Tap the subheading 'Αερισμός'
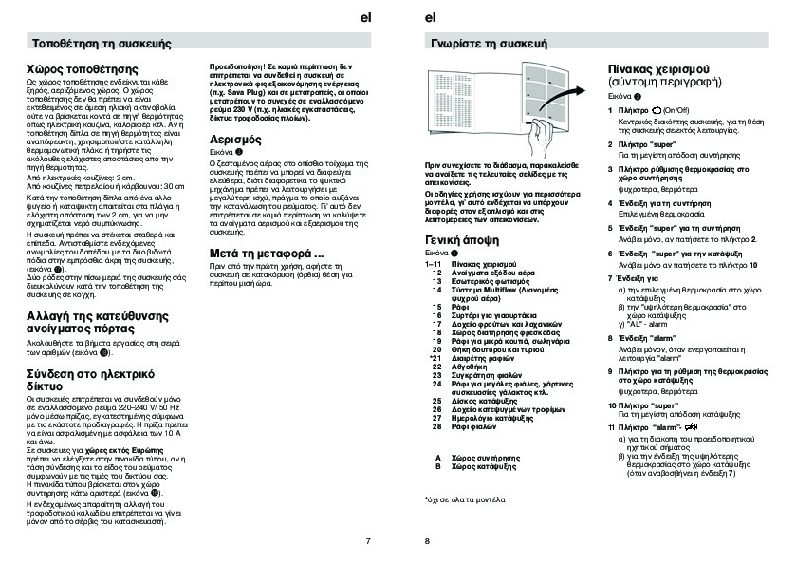(238, 139)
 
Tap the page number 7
(367, 541)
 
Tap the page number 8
(427, 541)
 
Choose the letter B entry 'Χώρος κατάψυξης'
(487, 466)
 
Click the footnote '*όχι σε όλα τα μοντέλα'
(465, 499)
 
